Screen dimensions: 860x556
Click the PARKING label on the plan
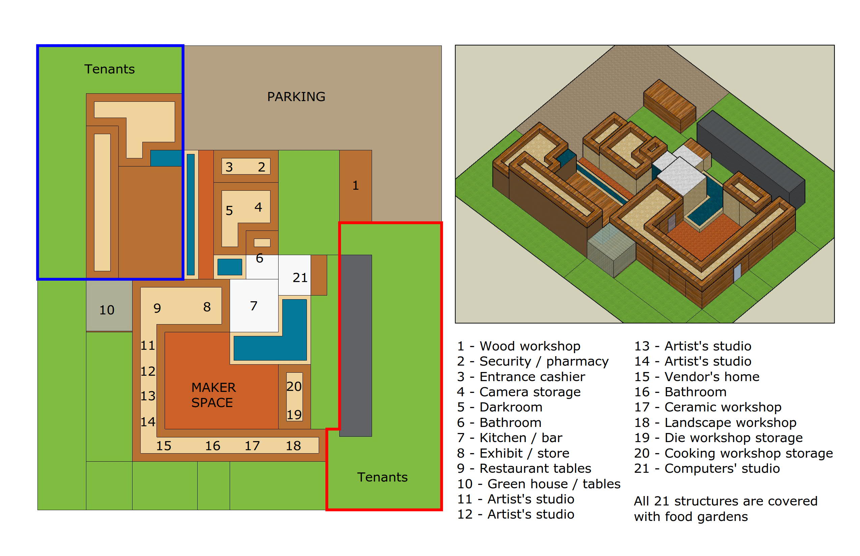[296, 97]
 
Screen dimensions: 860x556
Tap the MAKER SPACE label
[213, 395]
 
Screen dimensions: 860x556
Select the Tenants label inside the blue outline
[110, 69]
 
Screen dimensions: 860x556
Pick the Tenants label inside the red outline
[382, 477]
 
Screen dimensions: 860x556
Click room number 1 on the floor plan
[355, 186]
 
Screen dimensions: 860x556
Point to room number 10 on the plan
[107, 310]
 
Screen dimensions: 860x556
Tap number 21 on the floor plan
[300, 278]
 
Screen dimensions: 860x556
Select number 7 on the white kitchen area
[254, 306]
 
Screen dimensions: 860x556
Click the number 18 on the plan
[293, 446]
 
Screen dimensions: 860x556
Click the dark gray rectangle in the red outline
[355, 345]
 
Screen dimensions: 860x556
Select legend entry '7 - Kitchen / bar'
[510, 438]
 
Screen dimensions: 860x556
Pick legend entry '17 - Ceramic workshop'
[708, 407]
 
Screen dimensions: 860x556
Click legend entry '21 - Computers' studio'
[707, 468]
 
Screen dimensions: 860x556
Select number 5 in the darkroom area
[229, 211]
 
